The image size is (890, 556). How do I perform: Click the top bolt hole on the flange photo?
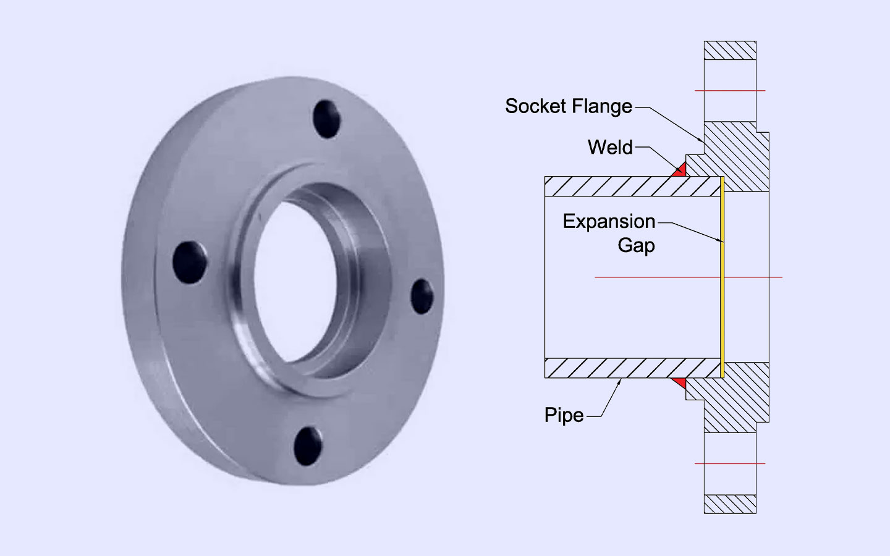pyautogui.click(x=327, y=119)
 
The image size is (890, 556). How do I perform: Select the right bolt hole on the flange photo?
pyautogui.click(x=423, y=296)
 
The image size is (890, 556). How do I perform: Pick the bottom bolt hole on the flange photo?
pyautogui.click(x=308, y=446)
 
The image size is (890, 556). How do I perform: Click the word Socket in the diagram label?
pyautogui.click(x=534, y=106)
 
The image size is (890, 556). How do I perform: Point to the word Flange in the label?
pyautogui.click(x=602, y=106)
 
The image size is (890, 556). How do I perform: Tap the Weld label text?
pyautogui.click(x=610, y=148)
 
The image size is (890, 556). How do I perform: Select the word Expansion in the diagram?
pyautogui.click(x=609, y=221)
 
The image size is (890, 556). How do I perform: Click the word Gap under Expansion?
pyautogui.click(x=636, y=245)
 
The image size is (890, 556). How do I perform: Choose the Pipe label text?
pyautogui.click(x=564, y=415)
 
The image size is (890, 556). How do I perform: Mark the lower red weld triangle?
pyautogui.click(x=680, y=383)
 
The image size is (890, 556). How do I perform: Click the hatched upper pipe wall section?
pyautogui.click(x=630, y=187)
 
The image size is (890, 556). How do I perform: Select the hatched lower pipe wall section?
pyautogui.click(x=630, y=368)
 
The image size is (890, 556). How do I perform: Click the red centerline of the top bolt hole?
pyautogui.click(x=730, y=91)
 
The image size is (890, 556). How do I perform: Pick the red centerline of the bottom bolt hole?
pyautogui.click(x=730, y=463)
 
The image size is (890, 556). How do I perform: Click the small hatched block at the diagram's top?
pyautogui.click(x=730, y=51)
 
